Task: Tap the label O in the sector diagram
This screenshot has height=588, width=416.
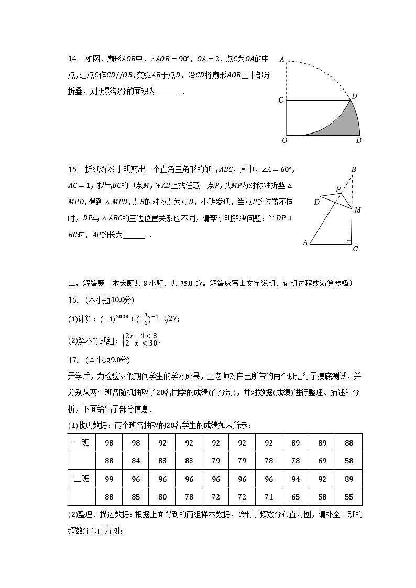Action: (284, 140)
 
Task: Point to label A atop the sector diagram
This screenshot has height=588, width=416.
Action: (282, 59)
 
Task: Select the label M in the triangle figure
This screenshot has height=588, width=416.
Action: (358, 210)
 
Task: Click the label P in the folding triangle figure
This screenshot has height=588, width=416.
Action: (338, 189)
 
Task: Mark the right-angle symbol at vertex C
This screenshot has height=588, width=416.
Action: (348, 241)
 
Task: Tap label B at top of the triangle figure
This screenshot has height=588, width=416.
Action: (354, 169)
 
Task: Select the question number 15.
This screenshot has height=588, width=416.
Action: (73, 169)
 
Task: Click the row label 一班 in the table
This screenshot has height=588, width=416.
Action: (82, 442)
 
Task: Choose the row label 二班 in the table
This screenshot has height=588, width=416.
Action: (82, 479)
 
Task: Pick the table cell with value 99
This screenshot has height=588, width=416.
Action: (109, 479)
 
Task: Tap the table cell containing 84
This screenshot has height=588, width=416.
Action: (136, 461)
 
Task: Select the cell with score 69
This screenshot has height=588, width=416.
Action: (322, 461)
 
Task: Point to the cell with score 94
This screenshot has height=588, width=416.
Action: (295, 479)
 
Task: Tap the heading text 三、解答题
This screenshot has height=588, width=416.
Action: (86, 283)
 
